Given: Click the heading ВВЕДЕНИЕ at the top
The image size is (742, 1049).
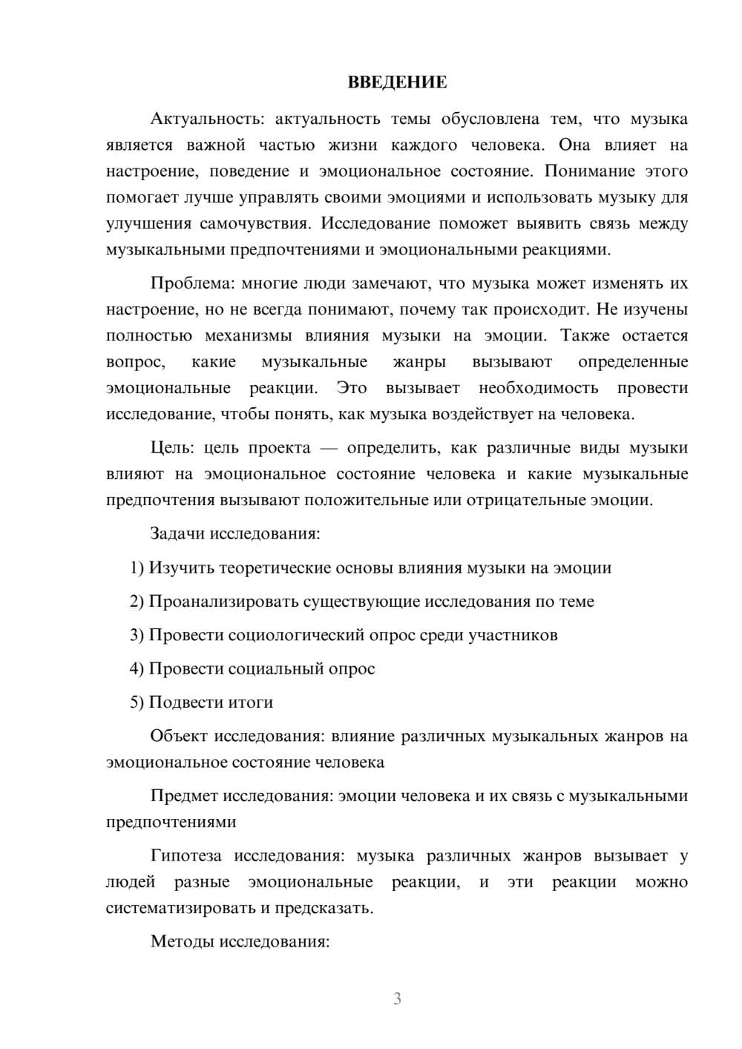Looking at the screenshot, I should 397,82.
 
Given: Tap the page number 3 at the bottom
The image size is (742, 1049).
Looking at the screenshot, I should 397,999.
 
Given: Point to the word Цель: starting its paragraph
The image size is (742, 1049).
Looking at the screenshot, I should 172,448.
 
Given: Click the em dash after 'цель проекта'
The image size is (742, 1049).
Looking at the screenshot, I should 329,448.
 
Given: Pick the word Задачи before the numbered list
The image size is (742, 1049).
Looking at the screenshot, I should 178,533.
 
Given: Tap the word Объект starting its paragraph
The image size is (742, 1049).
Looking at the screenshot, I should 179,736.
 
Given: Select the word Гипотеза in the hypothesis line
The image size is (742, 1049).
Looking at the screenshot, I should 186,856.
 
